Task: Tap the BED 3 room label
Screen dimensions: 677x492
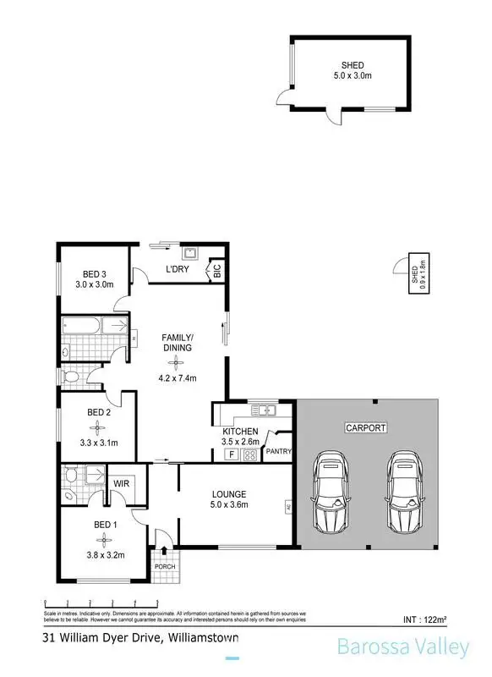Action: (x=98, y=273)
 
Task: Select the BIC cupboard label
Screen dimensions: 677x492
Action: (x=216, y=272)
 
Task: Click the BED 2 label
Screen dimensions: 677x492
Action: (x=98, y=412)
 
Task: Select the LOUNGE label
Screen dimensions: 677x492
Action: (x=229, y=493)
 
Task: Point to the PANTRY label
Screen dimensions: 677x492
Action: (x=278, y=452)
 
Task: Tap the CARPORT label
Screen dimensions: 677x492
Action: (x=365, y=428)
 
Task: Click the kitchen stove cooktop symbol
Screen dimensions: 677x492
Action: (x=250, y=454)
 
